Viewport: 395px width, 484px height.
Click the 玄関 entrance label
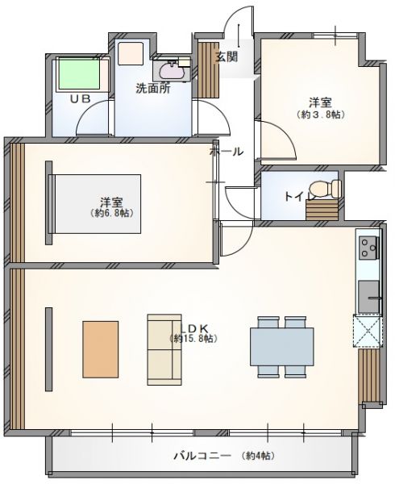(227, 57)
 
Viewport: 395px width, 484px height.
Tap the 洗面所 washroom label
(153, 89)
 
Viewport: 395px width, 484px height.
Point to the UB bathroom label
(80, 98)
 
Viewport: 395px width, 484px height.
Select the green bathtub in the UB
(79, 73)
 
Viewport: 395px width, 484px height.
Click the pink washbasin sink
(172, 72)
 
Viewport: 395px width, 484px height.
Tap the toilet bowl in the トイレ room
(325, 188)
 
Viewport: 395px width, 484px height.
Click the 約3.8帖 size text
(321, 115)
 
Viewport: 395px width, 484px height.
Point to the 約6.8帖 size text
(112, 213)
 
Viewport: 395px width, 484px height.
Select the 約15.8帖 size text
(194, 339)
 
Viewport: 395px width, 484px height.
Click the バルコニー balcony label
(202, 456)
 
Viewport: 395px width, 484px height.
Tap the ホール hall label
(227, 152)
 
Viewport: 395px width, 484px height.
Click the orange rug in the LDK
(101, 349)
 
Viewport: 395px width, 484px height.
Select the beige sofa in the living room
(164, 350)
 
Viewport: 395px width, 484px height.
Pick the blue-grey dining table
(282, 347)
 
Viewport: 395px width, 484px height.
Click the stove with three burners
(368, 248)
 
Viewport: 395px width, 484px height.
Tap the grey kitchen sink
(368, 296)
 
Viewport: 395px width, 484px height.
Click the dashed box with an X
(368, 331)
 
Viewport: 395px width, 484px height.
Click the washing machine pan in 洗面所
(131, 53)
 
